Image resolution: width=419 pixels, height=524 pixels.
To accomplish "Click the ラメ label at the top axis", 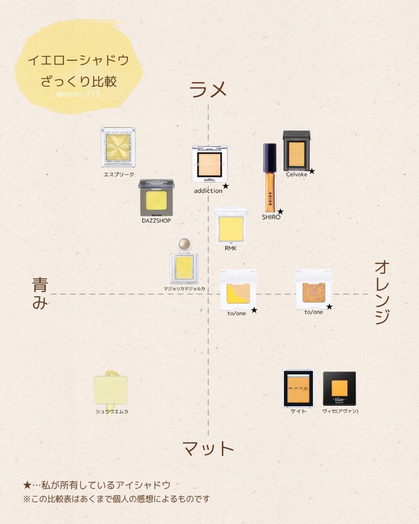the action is (208, 89).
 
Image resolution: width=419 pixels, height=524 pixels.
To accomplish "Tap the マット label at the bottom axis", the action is (208, 448).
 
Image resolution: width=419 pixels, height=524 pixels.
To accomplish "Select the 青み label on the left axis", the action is (40, 294).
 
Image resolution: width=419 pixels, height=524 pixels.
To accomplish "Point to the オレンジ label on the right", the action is (382, 293).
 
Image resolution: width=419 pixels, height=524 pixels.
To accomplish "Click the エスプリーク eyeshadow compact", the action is (118, 147).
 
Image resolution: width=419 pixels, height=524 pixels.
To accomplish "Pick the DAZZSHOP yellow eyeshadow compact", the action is (156, 198).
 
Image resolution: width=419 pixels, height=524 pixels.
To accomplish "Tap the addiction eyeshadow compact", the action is (209, 164).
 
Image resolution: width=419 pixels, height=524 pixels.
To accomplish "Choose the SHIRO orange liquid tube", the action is (270, 178).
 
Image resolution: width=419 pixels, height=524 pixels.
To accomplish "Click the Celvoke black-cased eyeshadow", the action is (297, 151).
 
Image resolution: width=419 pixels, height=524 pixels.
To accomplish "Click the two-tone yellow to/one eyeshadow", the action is (238, 290).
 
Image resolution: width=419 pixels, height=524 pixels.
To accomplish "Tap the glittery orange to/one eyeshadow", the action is (313, 289).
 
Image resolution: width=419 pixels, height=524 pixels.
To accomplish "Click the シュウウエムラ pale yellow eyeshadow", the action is (111, 390).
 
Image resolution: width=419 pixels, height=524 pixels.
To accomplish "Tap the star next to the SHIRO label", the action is (280, 212).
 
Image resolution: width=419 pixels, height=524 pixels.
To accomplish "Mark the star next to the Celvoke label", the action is (312, 171).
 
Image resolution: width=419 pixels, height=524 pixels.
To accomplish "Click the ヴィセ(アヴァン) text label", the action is (340, 411).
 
